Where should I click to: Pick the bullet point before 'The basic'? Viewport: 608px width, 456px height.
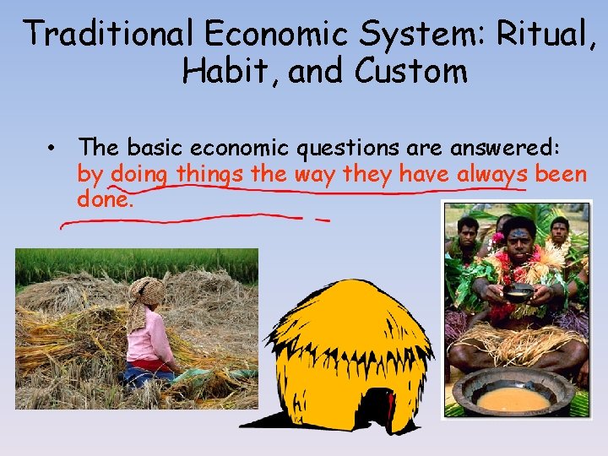[x=52, y=149]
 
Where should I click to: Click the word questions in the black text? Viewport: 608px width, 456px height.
[x=349, y=148]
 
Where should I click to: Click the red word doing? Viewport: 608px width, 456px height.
[x=140, y=175]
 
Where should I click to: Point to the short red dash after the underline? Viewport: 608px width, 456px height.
[x=322, y=220]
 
